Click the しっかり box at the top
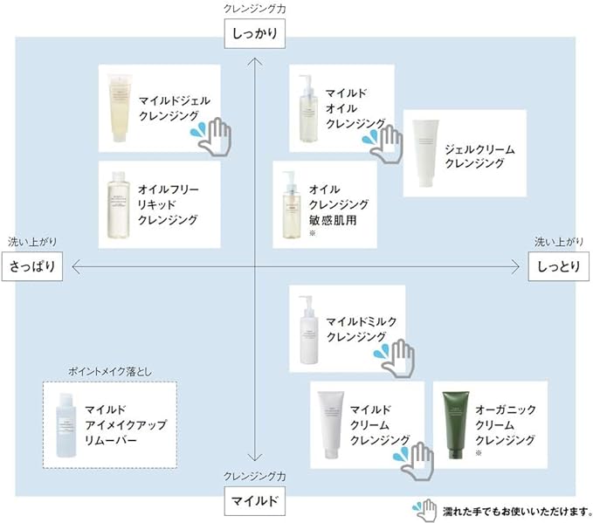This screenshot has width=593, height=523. (x=254, y=34)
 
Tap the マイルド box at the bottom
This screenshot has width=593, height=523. (x=254, y=501)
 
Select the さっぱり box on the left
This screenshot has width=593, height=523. (x=32, y=266)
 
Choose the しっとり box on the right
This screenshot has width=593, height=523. (x=559, y=266)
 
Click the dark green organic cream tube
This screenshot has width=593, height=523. (x=456, y=425)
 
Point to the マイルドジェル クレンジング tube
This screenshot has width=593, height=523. (x=120, y=107)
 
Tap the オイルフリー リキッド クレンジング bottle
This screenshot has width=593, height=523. (x=118, y=205)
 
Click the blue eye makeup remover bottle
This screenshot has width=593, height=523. (x=66, y=425)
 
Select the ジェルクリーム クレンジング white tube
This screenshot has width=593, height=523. (x=425, y=153)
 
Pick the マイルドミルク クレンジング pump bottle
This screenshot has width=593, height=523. (x=308, y=330)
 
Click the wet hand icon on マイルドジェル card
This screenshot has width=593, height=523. (x=211, y=136)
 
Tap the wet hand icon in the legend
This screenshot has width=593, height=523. (x=424, y=511)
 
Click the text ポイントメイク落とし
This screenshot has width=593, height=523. (x=110, y=372)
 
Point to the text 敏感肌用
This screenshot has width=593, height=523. (x=333, y=220)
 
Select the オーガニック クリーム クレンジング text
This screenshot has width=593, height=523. (x=506, y=424)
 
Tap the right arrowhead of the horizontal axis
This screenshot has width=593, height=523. (x=515, y=267)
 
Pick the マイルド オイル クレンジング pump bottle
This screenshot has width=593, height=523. (x=308, y=108)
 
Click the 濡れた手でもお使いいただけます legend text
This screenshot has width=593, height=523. (x=517, y=512)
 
